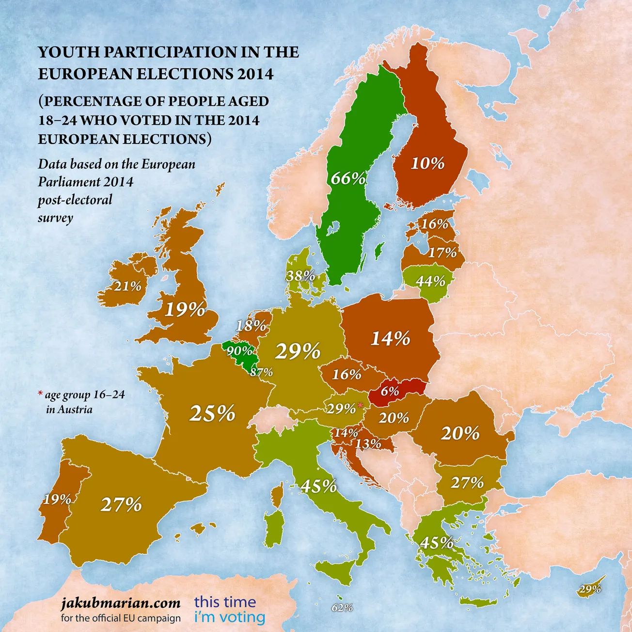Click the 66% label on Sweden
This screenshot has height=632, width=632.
pyautogui.click(x=348, y=178)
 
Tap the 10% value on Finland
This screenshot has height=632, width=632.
pyautogui.click(x=427, y=163)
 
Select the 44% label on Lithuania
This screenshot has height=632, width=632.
pyautogui.click(x=430, y=281)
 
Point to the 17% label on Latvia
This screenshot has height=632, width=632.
pyautogui.click(x=442, y=253)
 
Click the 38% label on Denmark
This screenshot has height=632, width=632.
pyautogui.click(x=300, y=276)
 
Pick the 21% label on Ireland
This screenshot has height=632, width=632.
pyautogui.click(x=128, y=286)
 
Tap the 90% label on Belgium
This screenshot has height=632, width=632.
pyautogui.click(x=239, y=350)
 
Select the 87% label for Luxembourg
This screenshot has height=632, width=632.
pyautogui.click(x=261, y=372)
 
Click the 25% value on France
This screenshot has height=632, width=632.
pyautogui.click(x=212, y=413)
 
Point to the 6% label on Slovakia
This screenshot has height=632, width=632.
pyautogui.click(x=390, y=391)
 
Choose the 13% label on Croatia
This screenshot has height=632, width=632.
pyautogui.click(x=368, y=443)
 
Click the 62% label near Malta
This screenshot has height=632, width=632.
pyautogui.click(x=342, y=607)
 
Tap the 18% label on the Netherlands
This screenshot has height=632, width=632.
pyautogui.click(x=251, y=326)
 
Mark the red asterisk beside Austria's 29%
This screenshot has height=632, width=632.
pyautogui.click(x=360, y=405)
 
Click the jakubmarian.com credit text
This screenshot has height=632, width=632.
pyautogui.click(x=121, y=603)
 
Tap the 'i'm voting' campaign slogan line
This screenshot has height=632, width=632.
pyautogui.click(x=229, y=617)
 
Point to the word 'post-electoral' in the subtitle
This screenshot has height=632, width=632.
pyautogui.click(x=75, y=200)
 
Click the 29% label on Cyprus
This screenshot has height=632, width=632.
pyautogui.click(x=590, y=589)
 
